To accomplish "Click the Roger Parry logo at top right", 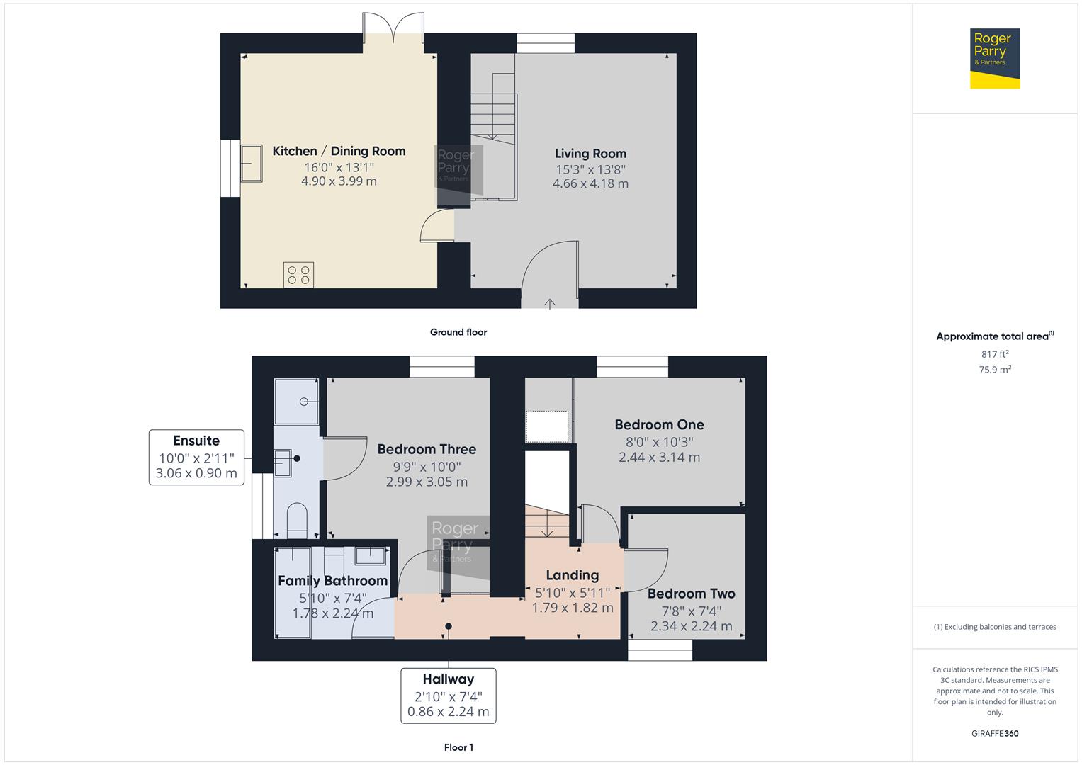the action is coord(995,58).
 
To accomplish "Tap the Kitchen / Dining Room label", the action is coord(339,151).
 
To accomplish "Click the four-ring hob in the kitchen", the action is coord(298,276).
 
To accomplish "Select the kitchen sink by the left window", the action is coord(252,163).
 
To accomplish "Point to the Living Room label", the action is coord(590,154).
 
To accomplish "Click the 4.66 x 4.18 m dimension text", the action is coord(590,183).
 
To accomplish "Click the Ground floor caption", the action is coord(458,332).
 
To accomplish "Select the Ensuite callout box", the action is coord(196,458).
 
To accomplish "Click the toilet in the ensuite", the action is coord(297,521).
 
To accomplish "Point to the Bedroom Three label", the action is coord(427,449).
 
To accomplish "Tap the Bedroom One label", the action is coord(660,424).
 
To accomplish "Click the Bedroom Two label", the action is coord(692,594).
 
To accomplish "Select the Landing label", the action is coord(573,575).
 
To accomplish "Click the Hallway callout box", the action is coord(449,696).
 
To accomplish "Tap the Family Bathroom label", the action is coord(333,581).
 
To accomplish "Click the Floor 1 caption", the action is coord(458,747).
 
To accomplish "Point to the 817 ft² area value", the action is coord(995,354).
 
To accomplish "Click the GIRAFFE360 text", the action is coord(995,734).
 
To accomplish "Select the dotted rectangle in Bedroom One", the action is coord(547,426).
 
